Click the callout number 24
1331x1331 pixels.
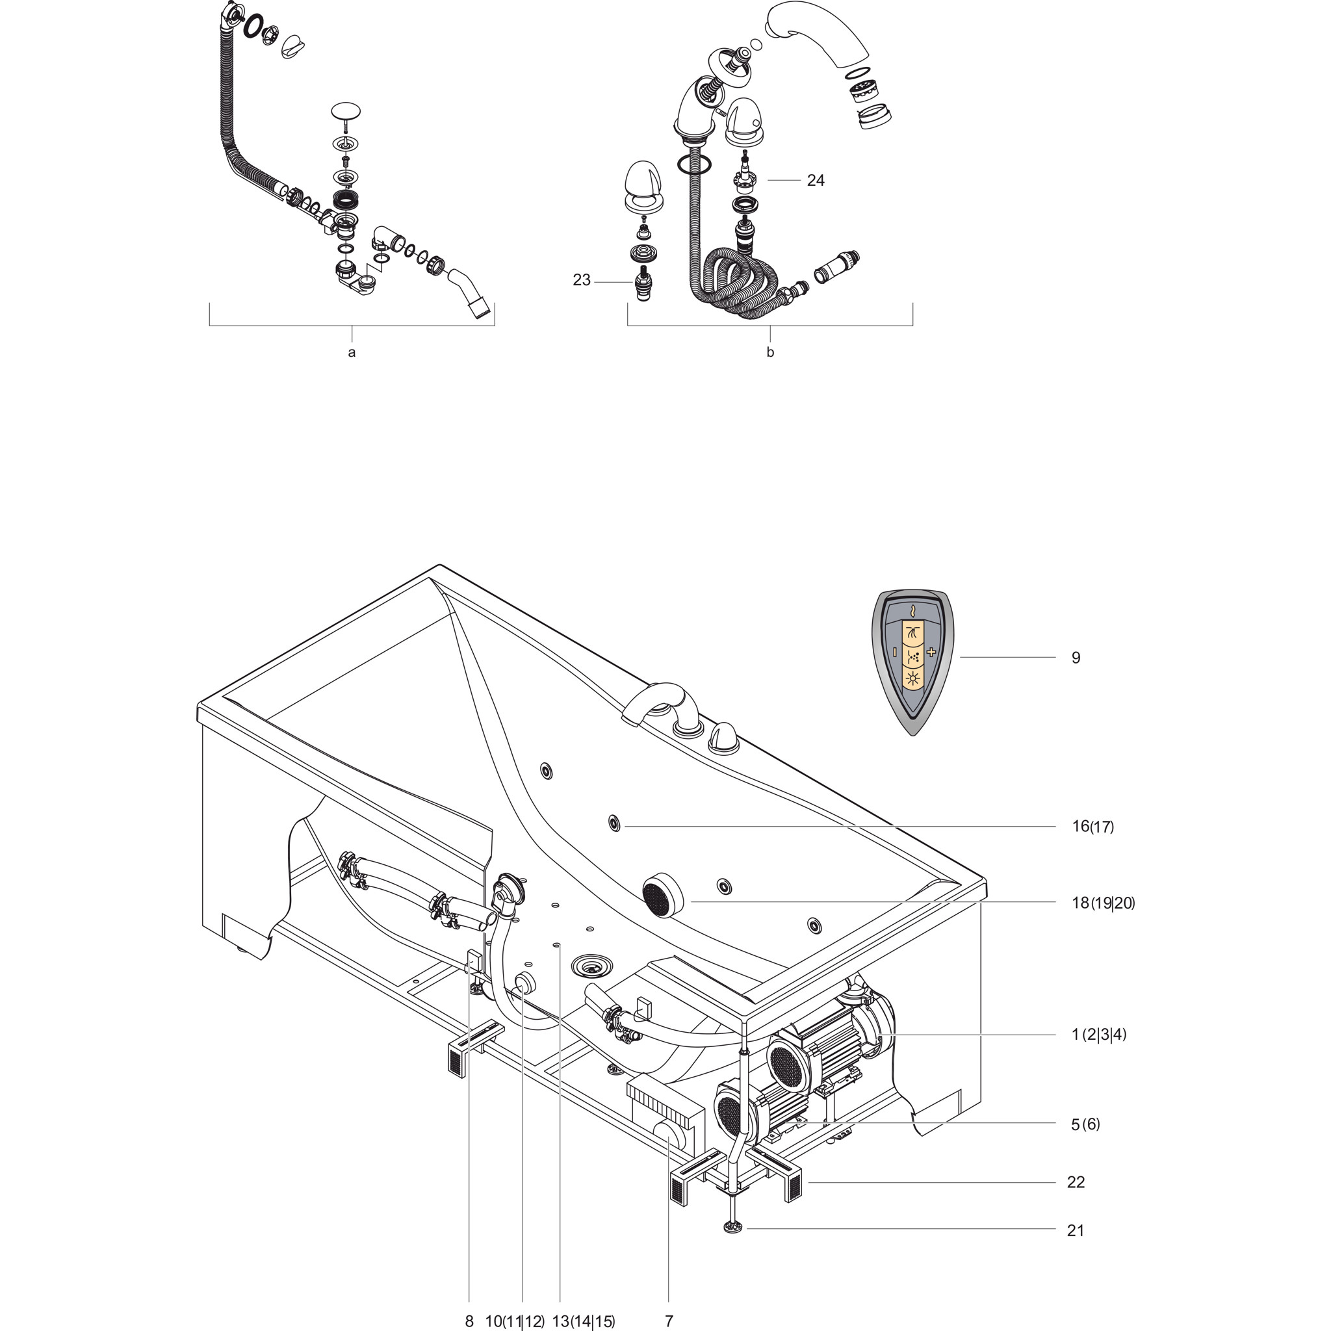(x=816, y=181)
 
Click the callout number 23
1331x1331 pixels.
(x=582, y=280)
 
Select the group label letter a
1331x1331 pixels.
(x=352, y=353)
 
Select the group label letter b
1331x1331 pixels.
(x=770, y=352)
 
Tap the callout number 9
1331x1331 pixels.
(x=1076, y=658)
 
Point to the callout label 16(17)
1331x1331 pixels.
(x=1092, y=826)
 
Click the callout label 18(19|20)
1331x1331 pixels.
(x=1103, y=903)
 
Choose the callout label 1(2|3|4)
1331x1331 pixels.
(x=1099, y=1053)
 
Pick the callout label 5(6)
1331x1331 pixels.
(x=1085, y=1124)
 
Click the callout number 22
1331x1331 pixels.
(x=1076, y=1182)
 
